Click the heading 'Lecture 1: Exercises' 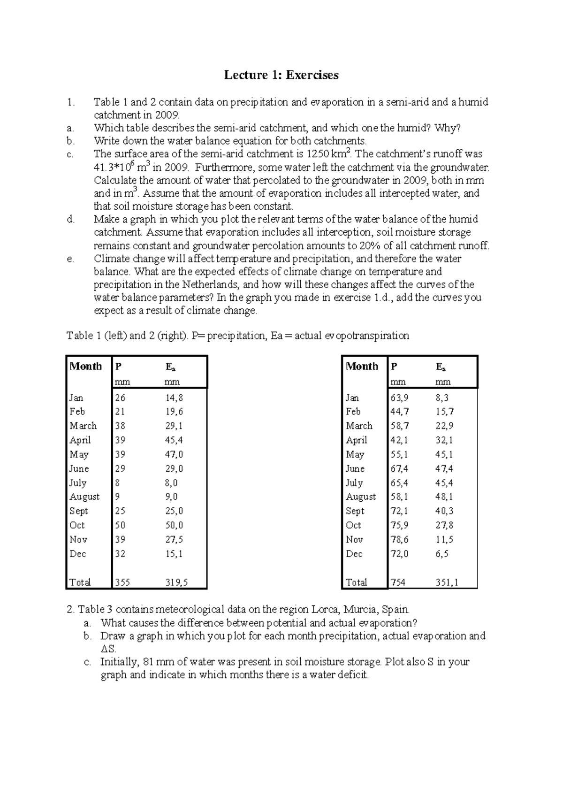tap(281, 75)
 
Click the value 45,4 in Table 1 tap(174, 440)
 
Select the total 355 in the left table tap(123, 582)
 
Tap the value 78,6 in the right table tap(399, 540)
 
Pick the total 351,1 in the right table tap(447, 582)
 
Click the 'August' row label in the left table tap(84, 497)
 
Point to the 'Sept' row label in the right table tap(355, 511)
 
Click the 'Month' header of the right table tap(362, 367)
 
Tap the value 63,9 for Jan tap(399, 398)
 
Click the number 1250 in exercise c tap(317, 154)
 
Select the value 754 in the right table tap(398, 582)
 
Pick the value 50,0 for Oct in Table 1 tap(174, 526)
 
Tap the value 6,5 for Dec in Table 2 tap(442, 554)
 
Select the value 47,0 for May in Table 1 tap(174, 454)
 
